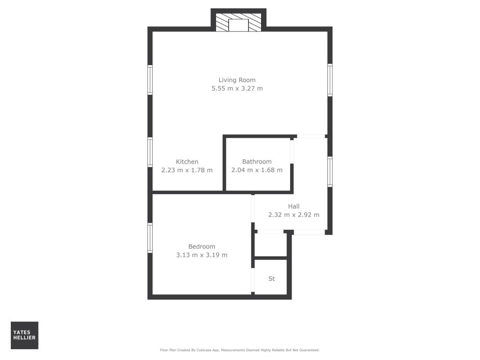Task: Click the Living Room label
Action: [237, 80]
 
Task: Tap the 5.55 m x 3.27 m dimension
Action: [237, 89]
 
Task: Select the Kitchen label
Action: [187, 162]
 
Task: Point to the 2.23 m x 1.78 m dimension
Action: [187, 170]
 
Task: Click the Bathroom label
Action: [257, 162]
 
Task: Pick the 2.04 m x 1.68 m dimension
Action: [257, 170]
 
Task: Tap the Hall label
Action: [293, 206]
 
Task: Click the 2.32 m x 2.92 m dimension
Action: [293, 215]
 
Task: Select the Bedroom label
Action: [202, 247]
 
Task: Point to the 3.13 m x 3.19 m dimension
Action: [202, 255]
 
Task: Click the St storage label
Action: [271, 279]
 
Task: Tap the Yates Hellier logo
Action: [24, 335]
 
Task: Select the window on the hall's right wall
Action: [330, 172]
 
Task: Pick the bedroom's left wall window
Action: [150, 238]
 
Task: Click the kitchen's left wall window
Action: [150, 152]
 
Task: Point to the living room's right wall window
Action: [330, 80]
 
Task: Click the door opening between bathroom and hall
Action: [292, 150]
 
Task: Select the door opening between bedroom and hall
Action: [253, 209]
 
